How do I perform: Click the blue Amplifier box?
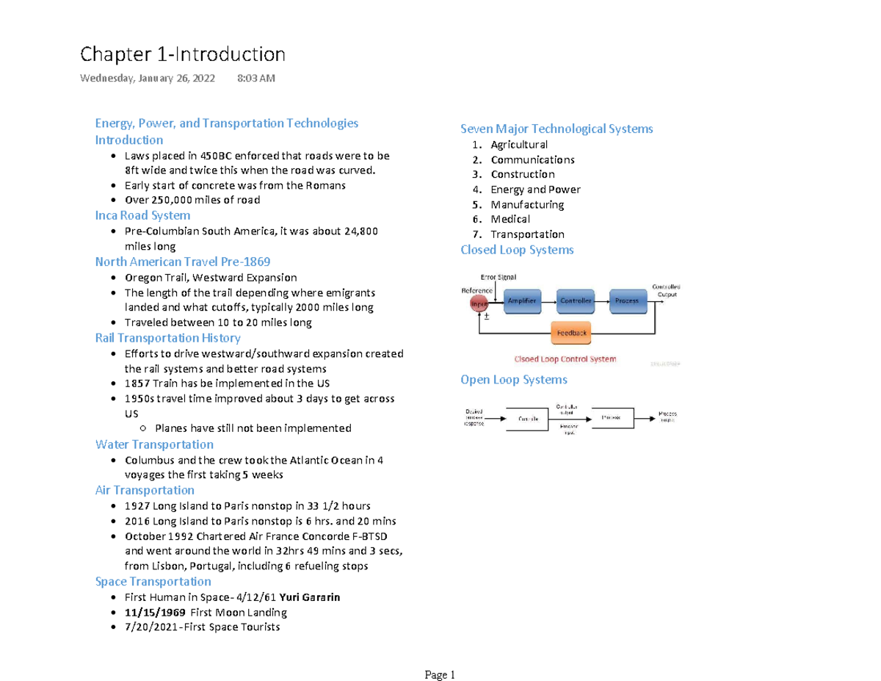(x=521, y=300)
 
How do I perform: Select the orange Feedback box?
(x=572, y=333)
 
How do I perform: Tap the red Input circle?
(x=479, y=303)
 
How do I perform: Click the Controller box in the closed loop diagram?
(x=576, y=300)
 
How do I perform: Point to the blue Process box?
(x=626, y=300)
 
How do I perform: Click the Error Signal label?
(x=498, y=277)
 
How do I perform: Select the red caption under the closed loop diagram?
(x=565, y=359)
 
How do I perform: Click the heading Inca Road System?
(x=142, y=215)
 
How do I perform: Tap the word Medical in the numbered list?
(x=510, y=219)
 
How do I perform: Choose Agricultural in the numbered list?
(x=519, y=145)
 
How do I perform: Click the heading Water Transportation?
(x=154, y=444)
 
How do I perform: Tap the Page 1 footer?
(x=440, y=675)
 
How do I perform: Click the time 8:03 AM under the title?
(x=257, y=79)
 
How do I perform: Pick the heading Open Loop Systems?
(x=513, y=380)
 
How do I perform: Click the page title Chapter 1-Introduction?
(x=182, y=54)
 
